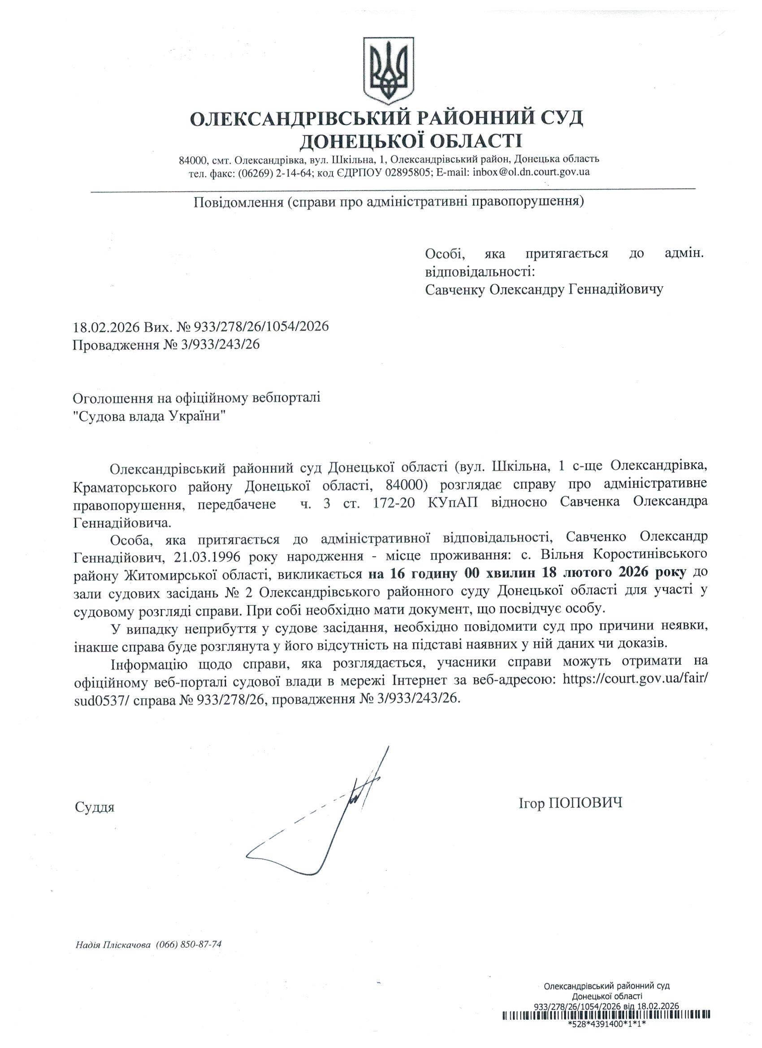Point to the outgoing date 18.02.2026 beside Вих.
106,327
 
